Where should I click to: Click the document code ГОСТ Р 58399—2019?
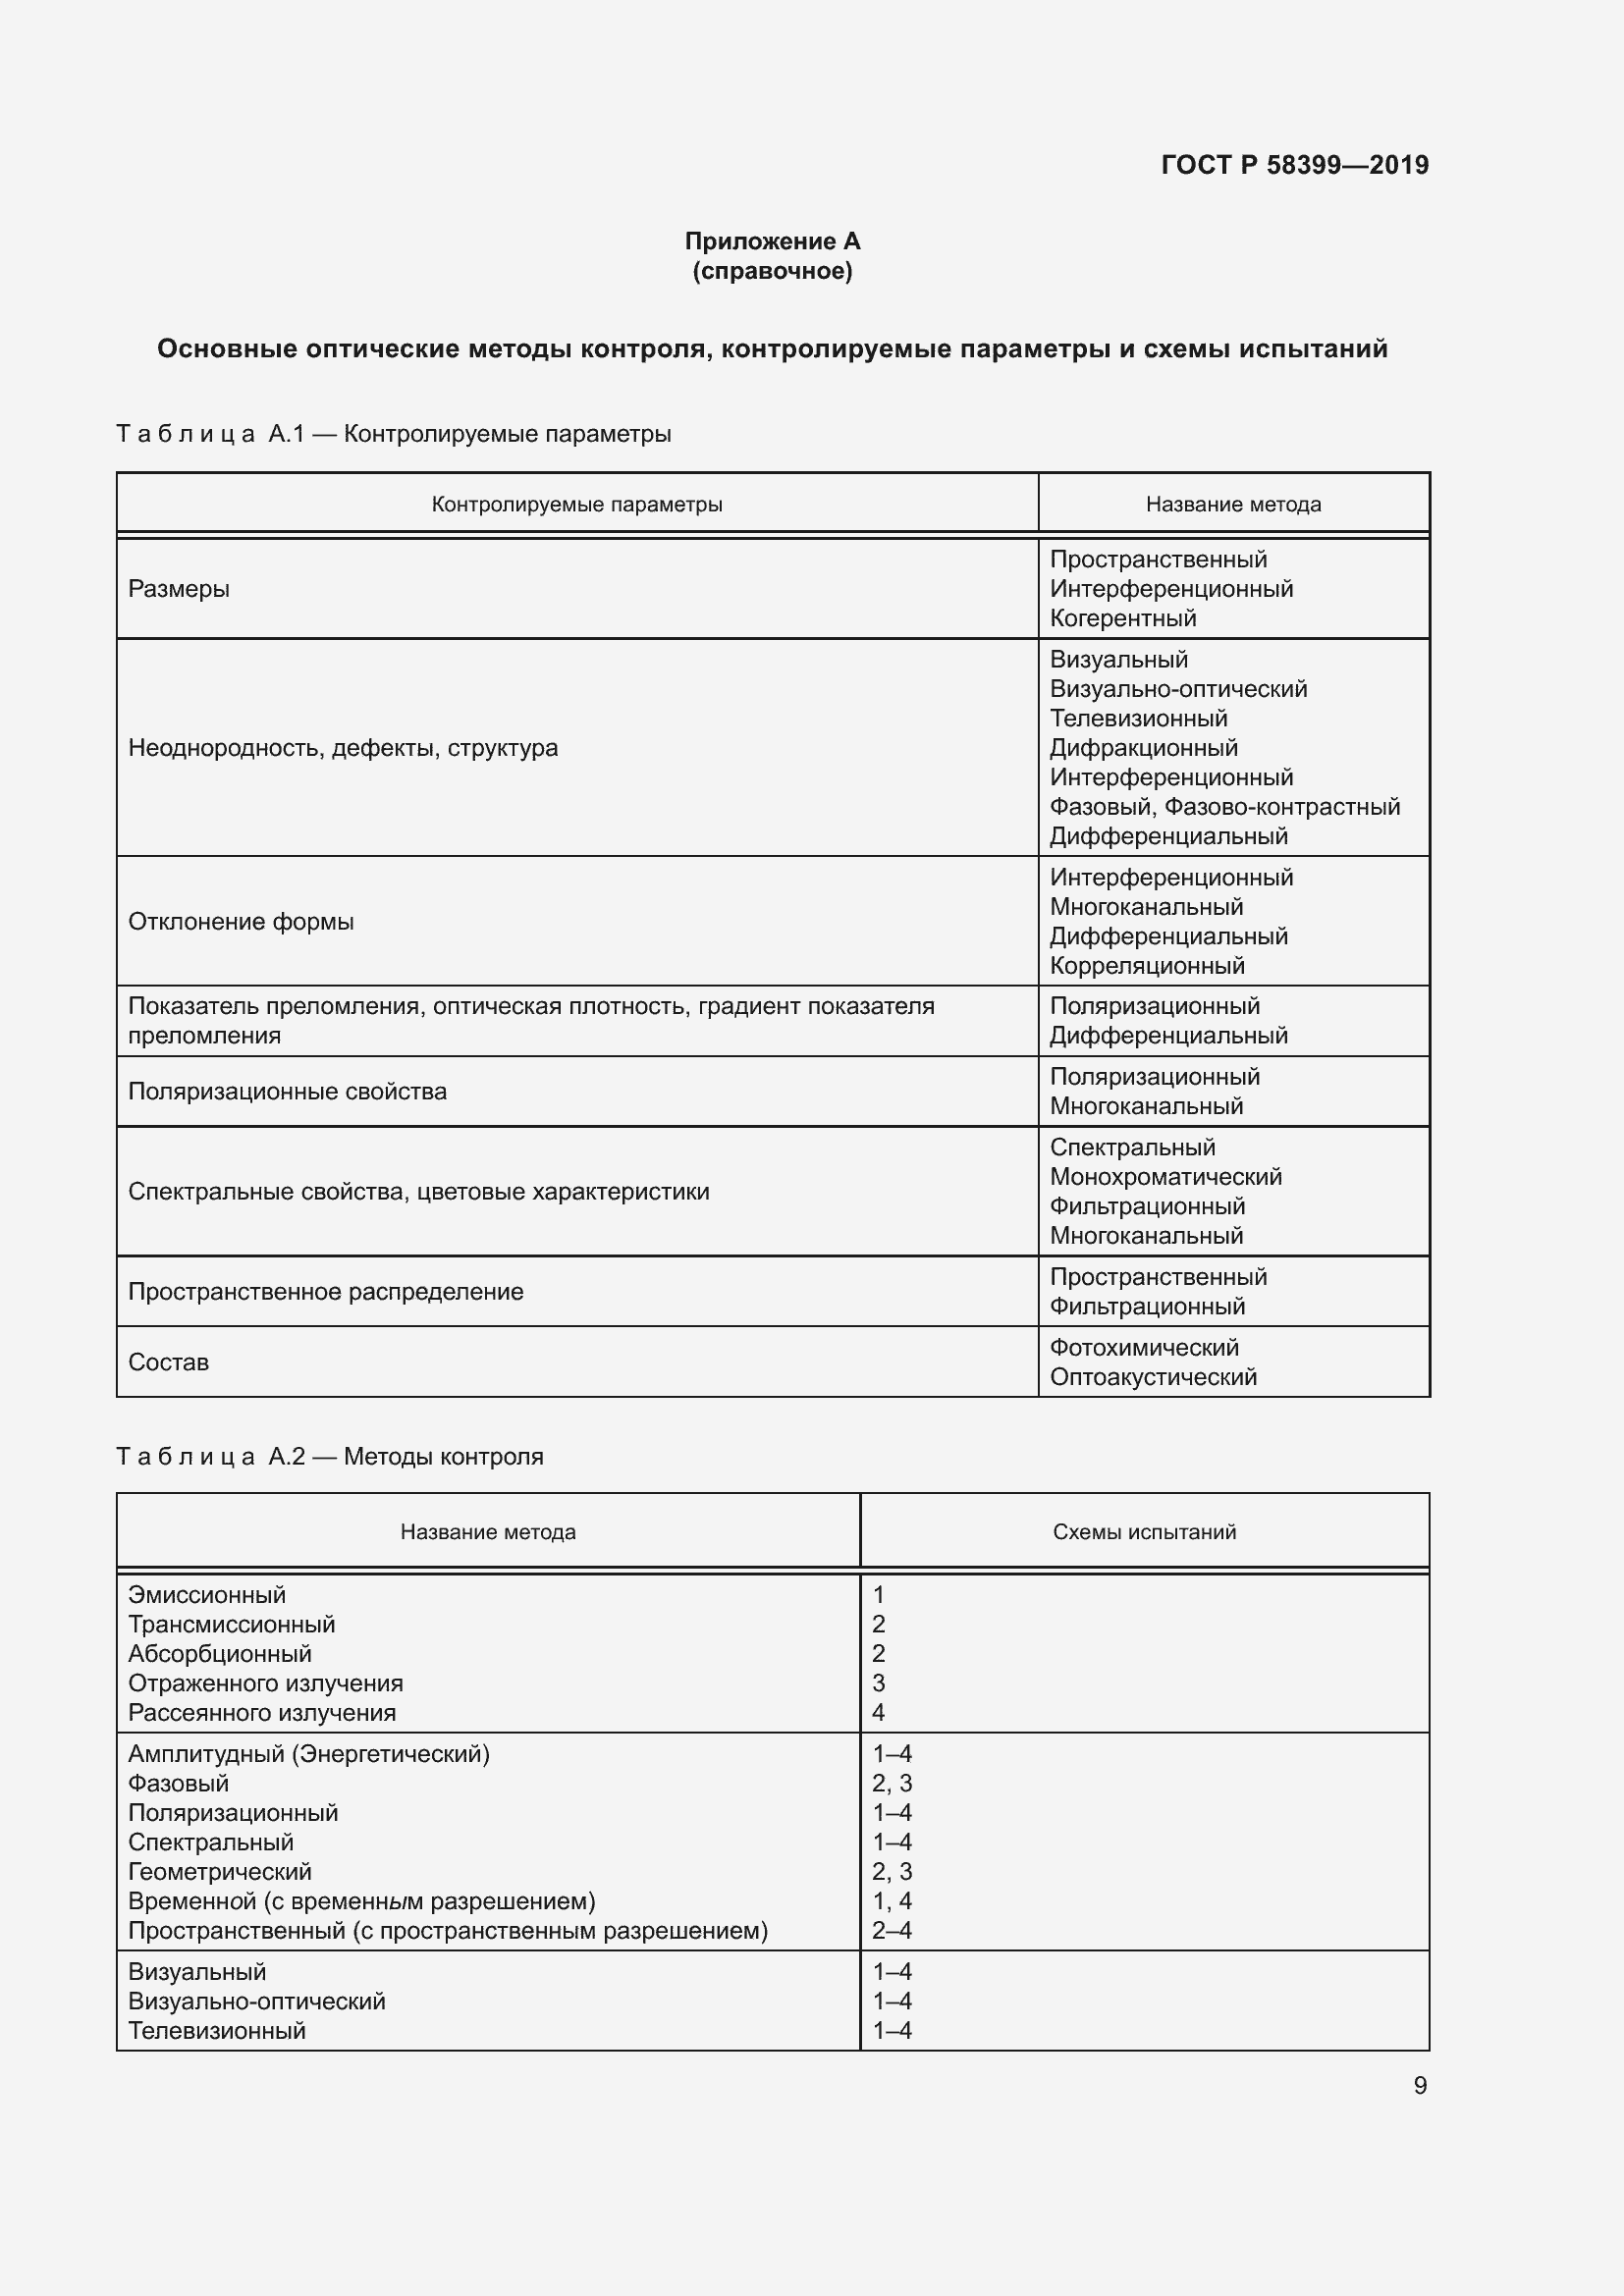(1294, 165)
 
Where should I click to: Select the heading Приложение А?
(772, 241)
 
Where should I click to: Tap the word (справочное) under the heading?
(772, 271)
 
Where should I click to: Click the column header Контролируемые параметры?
(577, 504)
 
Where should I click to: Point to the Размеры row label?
(179, 589)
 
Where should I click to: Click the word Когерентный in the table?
(1122, 618)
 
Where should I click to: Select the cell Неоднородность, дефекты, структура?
(343, 748)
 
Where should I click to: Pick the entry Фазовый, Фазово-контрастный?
(1224, 807)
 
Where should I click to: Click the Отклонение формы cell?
(241, 921)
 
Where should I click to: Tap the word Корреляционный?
(1146, 966)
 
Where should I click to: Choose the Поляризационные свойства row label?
(287, 1092)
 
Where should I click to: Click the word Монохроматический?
(1165, 1177)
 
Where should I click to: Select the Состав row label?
(168, 1362)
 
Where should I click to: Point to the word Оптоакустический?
(1152, 1377)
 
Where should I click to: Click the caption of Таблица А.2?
(330, 1456)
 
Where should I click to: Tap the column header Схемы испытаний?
(1144, 1532)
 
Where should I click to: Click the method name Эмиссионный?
(207, 1595)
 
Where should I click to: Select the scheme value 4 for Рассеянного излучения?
(878, 1713)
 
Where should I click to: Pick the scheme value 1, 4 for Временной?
(891, 1901)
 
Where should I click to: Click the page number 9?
(1419, 2085)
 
